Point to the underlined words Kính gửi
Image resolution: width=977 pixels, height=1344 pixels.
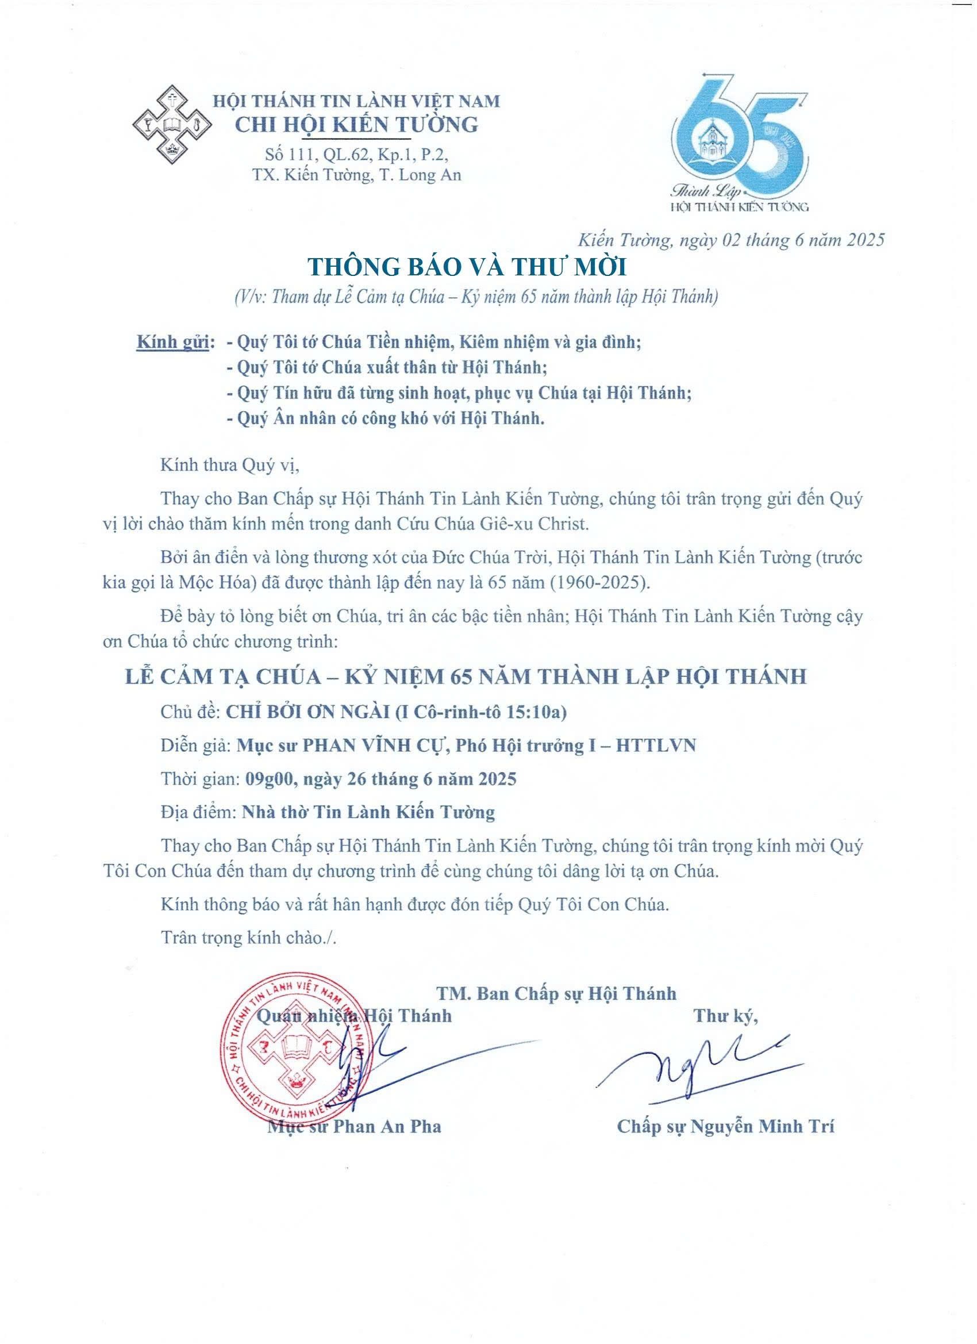(x=173, y=343)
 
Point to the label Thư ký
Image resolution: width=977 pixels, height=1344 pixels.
(x=726, y=1016)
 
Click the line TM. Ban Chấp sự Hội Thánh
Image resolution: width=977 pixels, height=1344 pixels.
(x=556, y=993)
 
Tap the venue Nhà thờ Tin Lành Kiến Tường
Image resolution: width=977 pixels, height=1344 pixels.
(x=368, y=811)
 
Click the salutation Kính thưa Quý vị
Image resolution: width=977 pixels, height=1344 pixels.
(x=230, y=465)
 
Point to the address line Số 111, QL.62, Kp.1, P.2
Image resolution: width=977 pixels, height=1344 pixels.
(x=356, y=155)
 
